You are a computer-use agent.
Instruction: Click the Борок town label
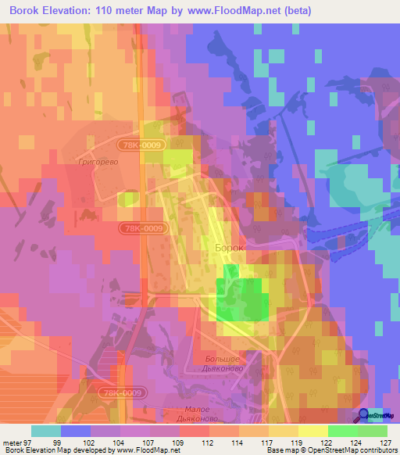[229, 247]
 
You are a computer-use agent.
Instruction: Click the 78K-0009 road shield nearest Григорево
[141, 145]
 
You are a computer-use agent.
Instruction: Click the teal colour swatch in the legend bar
[46, 431]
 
